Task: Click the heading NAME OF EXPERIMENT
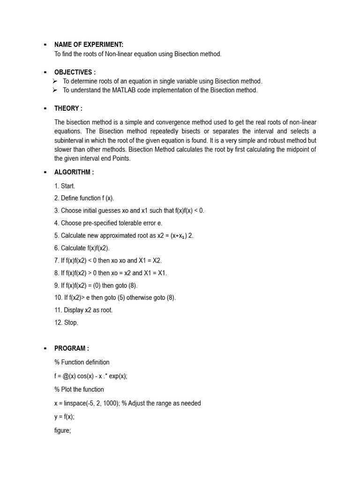pyautogui.click(x=89, y=45)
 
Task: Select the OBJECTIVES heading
pyautogui.click(x=75, y=72)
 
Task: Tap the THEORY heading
pyautogui.click(x=68, y=108)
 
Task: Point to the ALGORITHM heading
pyautogui.click(x=74, y=172)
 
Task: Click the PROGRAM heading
pyautogui.click(x=71, y=348)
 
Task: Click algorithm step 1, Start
pyautogui.click(x=65, y=186)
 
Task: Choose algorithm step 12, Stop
pyautogui.click(x=66, y=322)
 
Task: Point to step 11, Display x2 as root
pyautogui.click(x=83, y=310)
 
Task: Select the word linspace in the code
pyautogui.click(x=72, y=403)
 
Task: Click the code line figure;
pyautogui.click(x=62, y=430)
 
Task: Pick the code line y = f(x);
pyautogui.click(x=64, y=417)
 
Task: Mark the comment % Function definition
pyautogui.click(x=82, y=362)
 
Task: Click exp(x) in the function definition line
pyautogui.click(x=117, y=376)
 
